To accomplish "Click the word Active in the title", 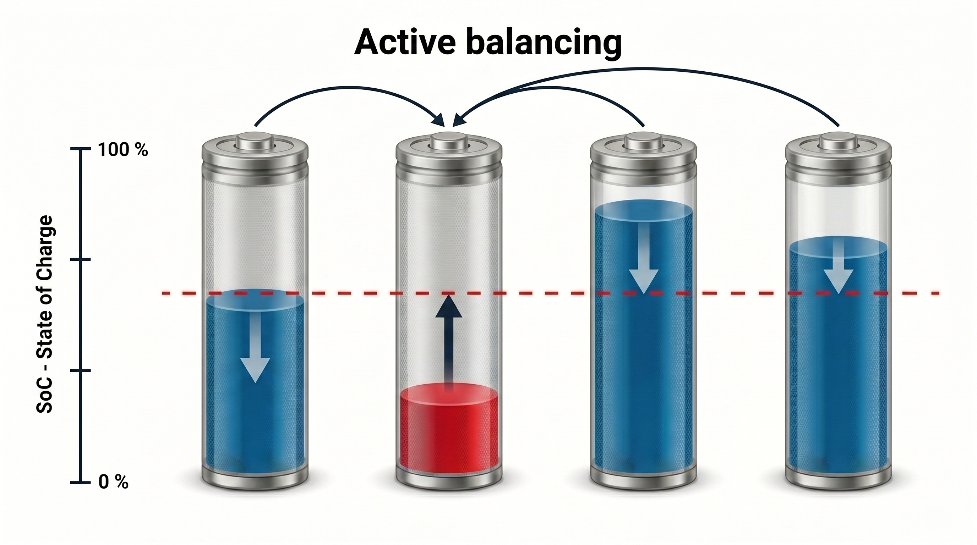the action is coord(405,42).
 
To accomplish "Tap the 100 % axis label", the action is coord(123,150).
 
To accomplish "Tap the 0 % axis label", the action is coord(113,483).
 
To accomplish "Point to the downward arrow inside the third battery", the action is coord(644,258).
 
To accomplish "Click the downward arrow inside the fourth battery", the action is coord(839,268).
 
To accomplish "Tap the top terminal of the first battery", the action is coord(255,141).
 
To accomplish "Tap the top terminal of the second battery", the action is coord(449,141).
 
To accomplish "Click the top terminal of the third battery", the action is coord(644,141).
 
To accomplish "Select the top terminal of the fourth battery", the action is coord(838,141).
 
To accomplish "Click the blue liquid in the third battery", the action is coord(644,341).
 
